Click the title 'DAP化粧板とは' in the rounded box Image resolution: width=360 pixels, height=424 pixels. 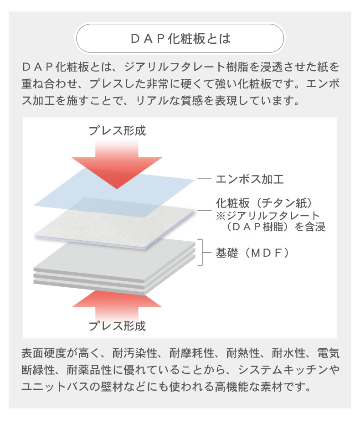[180, 38]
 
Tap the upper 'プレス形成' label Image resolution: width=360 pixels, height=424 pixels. [117, 130]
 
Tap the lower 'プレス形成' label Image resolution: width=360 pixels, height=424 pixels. [117, 326]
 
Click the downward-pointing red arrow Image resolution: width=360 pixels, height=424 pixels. [117, 165]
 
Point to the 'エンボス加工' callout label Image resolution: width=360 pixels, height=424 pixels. [250, 179]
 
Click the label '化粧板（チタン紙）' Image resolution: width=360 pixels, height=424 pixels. [264, 203]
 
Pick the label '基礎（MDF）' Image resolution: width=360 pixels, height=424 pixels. [252, 253]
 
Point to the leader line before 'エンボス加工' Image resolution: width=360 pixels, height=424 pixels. [204, 179]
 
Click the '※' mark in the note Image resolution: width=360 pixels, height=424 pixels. [221, 216]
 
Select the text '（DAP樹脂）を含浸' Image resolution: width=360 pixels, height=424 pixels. [275, 227]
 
